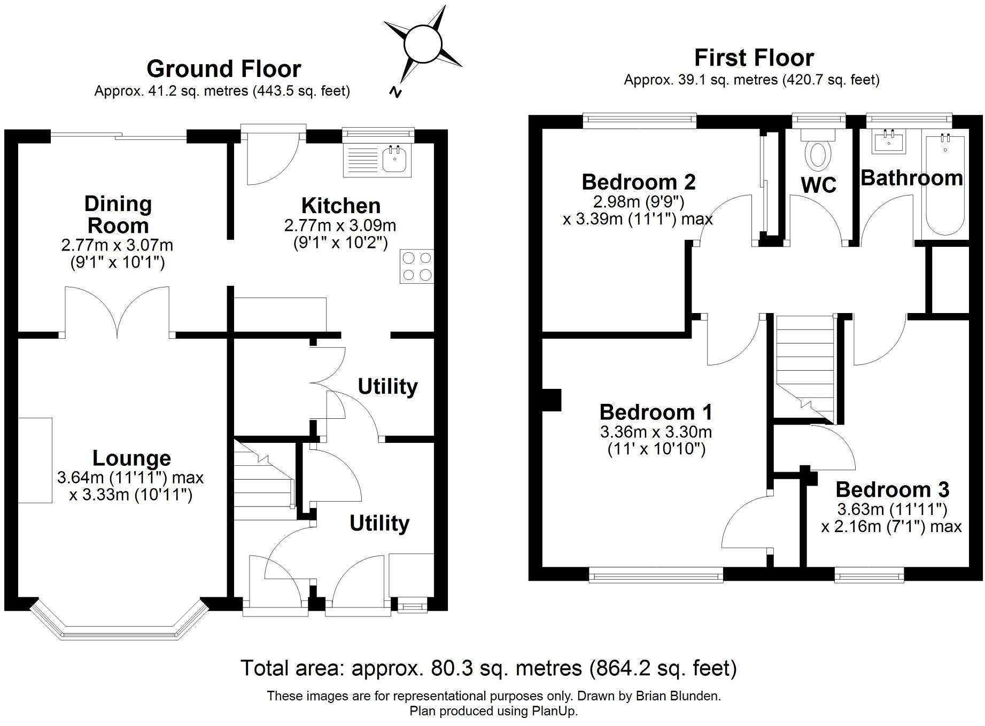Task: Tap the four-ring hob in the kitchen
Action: [417, 267]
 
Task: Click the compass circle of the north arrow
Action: [423, 44]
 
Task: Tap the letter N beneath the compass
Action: [395, 92]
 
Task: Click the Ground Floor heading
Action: [223, 69]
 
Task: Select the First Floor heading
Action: [754, 58]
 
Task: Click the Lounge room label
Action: [131, 458]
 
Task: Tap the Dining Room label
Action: [118, 215]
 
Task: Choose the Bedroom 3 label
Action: [892, 489]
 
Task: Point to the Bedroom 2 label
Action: [639, 182]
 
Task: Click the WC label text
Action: [818, 185]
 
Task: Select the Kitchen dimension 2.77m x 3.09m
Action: [340, 225]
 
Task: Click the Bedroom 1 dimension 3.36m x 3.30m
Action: [656, 432]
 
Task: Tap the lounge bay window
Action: [119, 622]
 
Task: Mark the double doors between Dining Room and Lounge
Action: [118, 313]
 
